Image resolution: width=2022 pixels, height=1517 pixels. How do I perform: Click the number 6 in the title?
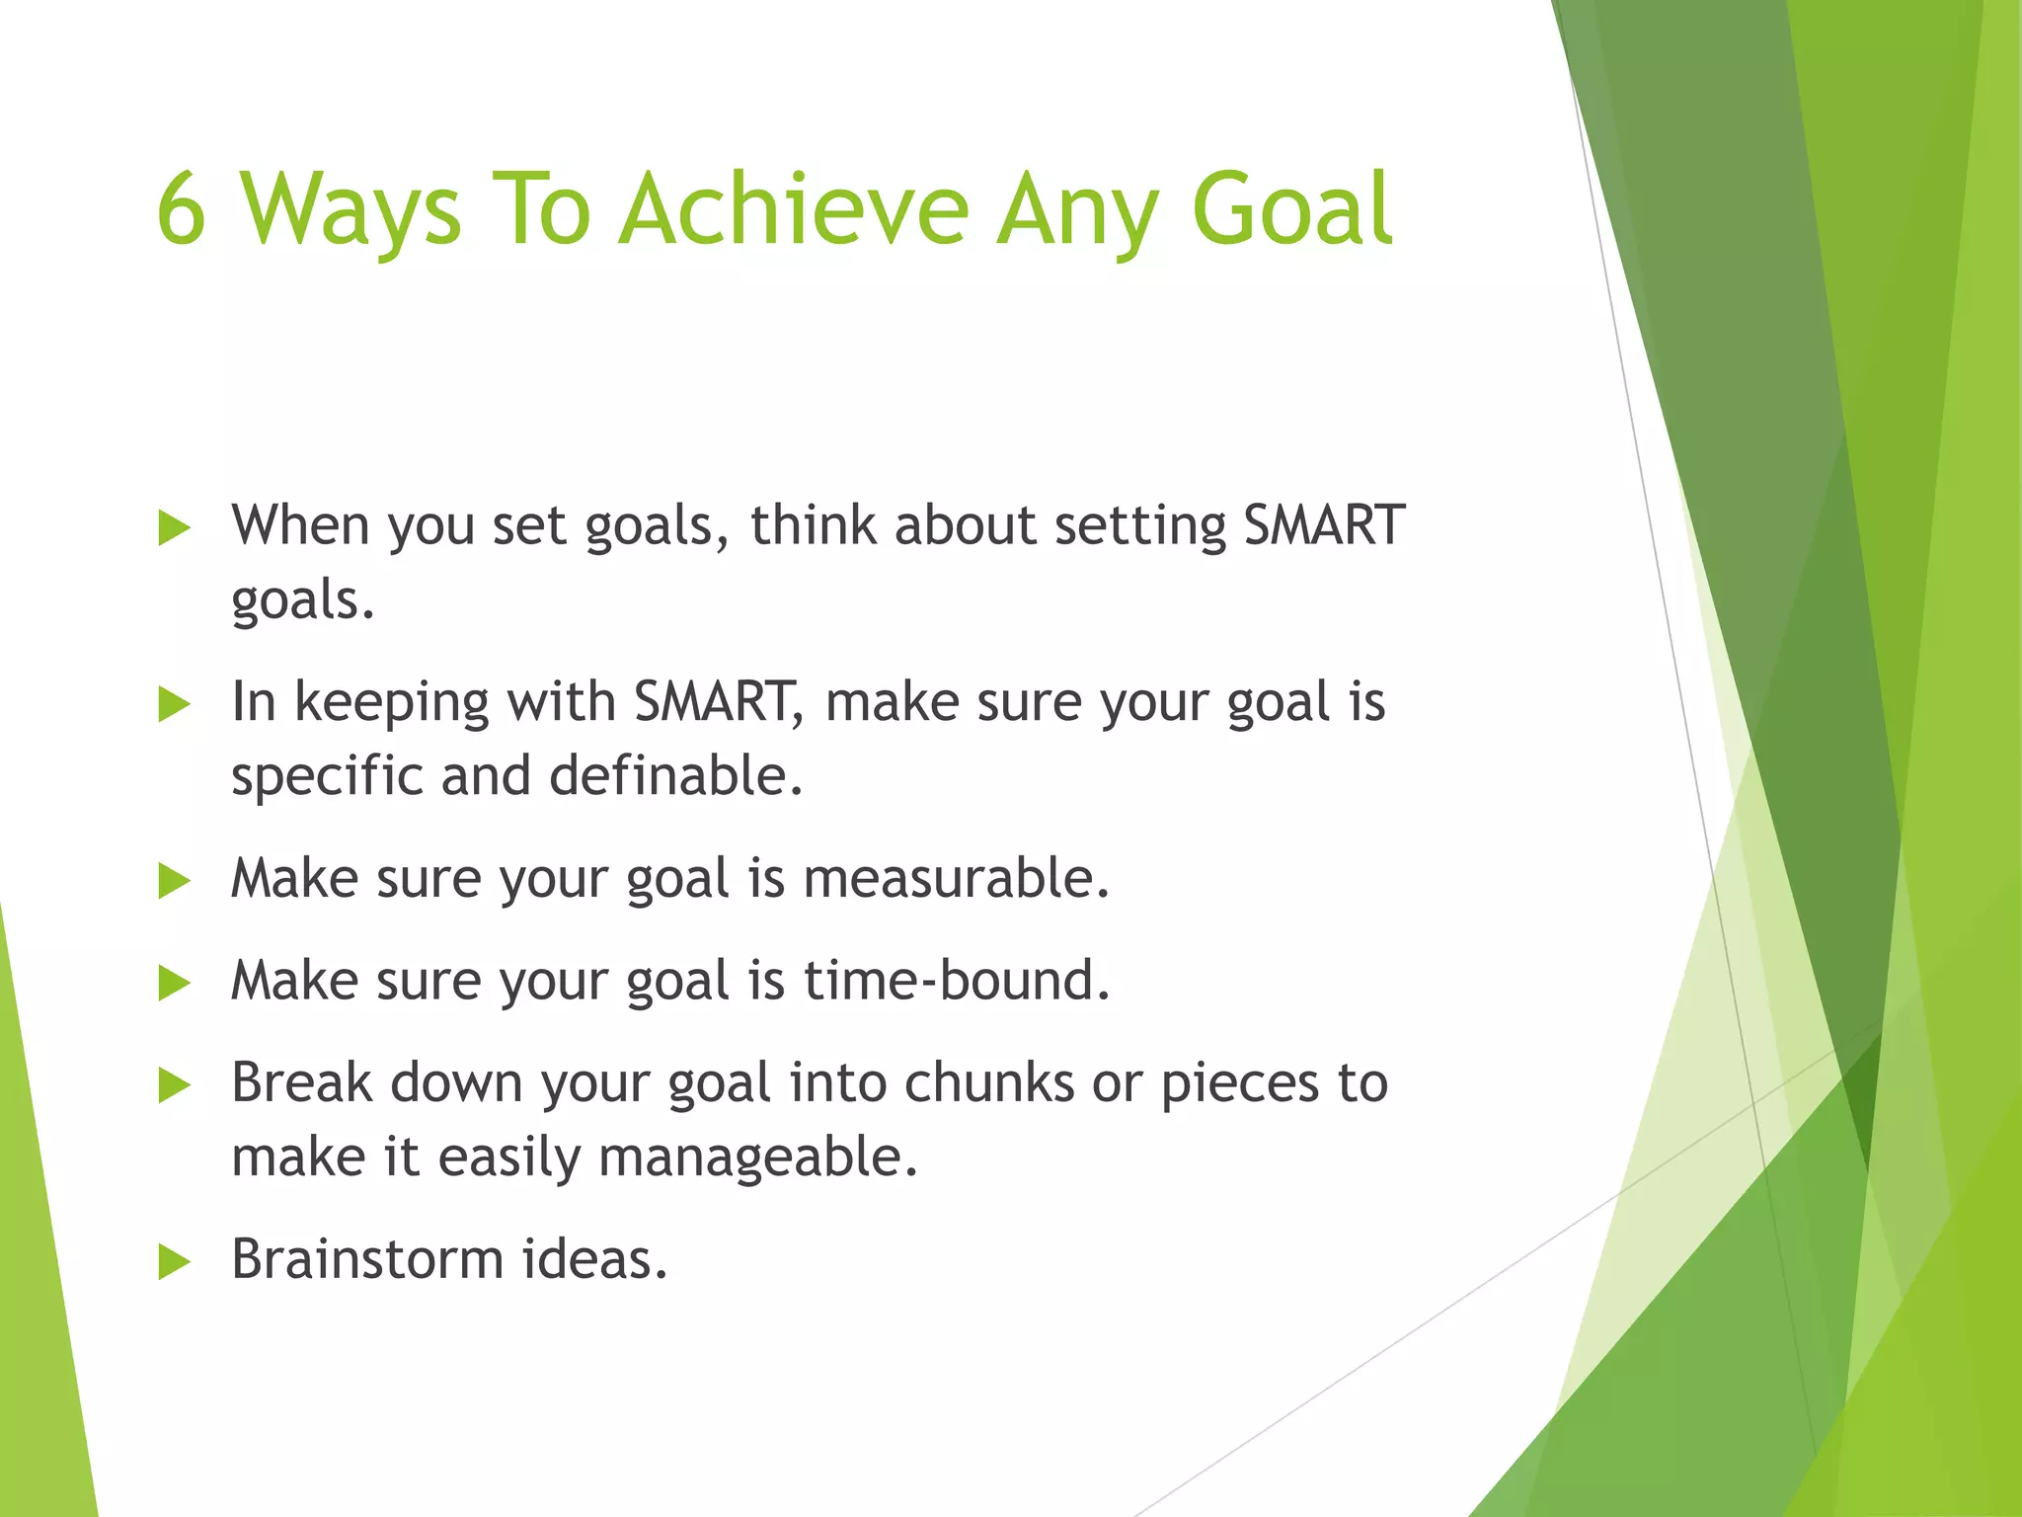pos(182,208)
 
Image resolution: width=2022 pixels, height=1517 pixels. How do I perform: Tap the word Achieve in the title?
pos(795,208)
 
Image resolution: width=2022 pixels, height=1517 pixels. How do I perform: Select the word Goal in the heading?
pos(1292,208)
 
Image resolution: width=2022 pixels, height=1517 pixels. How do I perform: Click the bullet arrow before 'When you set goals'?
pos(174,528)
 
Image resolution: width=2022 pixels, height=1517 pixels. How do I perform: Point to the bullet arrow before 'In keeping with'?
pos(174,705)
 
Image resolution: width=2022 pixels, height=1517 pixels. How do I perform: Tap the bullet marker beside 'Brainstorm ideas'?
pos(174,1262)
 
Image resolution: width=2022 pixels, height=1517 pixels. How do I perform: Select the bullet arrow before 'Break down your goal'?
pos(174,1085)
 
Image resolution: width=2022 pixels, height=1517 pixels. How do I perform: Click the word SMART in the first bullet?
pos(1323,524)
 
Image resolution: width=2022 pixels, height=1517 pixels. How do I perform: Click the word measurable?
pos(956,878)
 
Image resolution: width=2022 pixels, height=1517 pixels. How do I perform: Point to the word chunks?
pos(988,1082)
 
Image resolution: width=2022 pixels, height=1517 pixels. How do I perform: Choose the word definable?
pos(675,775)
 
